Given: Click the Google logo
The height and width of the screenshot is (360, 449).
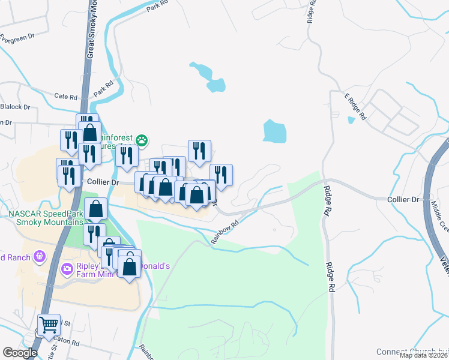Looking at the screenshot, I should [x=20, y=353].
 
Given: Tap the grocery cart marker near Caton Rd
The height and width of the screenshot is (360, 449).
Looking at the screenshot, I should [x=49, y=325].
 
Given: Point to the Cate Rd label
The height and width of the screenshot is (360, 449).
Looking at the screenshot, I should [x=66, y=96].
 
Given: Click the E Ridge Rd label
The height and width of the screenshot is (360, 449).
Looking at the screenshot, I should [x=355, y=107].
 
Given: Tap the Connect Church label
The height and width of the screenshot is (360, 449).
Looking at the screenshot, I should [x=408, y=352].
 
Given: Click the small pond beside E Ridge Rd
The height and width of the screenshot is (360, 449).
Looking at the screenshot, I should [x=351, y=119].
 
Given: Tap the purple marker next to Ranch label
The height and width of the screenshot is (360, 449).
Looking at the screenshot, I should [x=40, y=257].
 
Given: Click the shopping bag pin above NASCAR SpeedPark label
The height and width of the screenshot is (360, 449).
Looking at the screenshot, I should [x=96, y=209].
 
